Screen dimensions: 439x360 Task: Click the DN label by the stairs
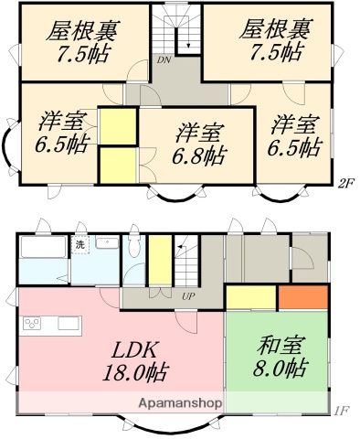point(163,61)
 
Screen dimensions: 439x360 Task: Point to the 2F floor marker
point(345,182)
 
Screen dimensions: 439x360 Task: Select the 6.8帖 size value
point(197,155)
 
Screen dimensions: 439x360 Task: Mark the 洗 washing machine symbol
point(80,245)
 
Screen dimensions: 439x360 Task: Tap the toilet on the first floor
point(134,247)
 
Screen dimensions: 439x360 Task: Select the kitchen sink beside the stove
point(69,323)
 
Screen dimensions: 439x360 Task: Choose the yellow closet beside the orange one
point(251,297)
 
